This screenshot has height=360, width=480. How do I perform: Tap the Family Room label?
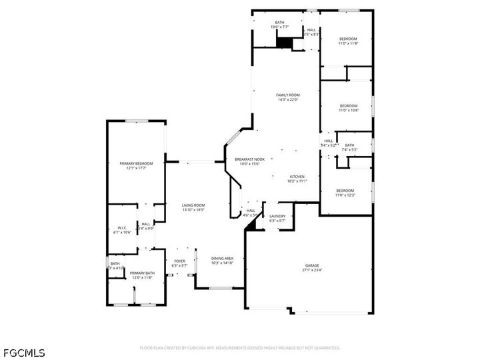click(288, 95)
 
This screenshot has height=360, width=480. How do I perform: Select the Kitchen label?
click(297, 177)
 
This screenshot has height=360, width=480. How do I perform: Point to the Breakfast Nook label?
click(249, 160)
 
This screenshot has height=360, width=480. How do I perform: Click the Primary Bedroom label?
click(136, 164)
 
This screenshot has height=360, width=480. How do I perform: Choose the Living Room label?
click(193, 205)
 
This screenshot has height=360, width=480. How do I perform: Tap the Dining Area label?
click(222, 259)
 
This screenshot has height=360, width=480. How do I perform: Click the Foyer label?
click(180, 261)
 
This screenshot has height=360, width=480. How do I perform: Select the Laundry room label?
click(277, 216)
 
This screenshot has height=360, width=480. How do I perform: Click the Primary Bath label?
click(141, 273)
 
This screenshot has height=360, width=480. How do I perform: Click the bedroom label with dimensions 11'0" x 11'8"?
click(348, 39)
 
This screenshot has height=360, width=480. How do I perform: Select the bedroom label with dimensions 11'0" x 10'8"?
click(349, 106)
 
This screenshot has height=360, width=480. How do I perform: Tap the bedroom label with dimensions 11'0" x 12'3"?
click(345, 191)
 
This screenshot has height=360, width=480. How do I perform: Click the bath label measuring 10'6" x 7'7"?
click(280, 23)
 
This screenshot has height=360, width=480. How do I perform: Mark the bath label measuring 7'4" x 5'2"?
click(350, 145)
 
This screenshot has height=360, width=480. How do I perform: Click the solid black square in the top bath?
click(285, 42)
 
